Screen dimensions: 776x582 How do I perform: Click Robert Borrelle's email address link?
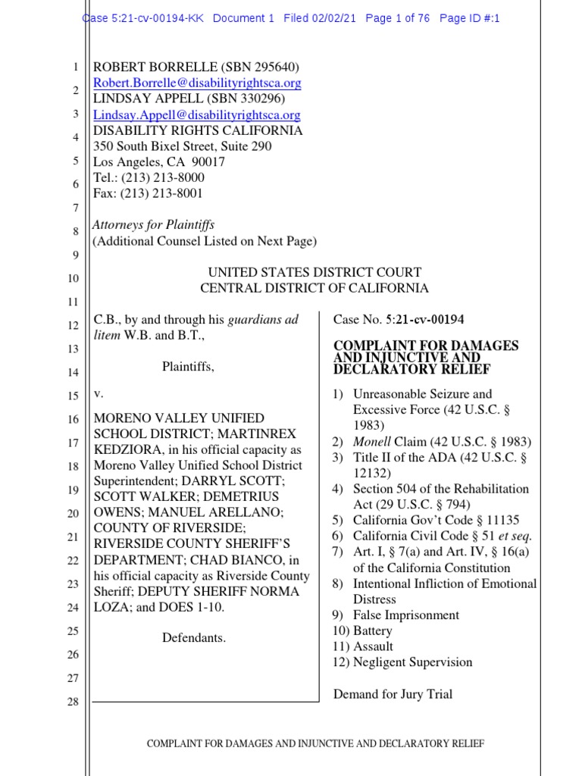click(197, 83)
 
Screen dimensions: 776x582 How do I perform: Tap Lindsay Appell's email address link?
click(197, 115)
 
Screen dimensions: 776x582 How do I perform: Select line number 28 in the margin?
click(74, 702)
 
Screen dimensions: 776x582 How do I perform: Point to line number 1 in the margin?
click(76, 67)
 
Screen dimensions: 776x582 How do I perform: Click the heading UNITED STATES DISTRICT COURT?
click(314, 272)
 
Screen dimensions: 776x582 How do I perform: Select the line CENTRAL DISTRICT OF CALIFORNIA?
click(314, 288)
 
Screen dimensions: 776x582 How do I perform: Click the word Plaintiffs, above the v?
click(188, 367)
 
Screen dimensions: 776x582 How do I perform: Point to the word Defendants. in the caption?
click(194, 637)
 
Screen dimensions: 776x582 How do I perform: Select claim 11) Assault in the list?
click(362, 646)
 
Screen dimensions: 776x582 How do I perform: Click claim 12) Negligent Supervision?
click(402, 662)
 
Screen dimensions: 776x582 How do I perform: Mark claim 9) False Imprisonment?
click(395, 615)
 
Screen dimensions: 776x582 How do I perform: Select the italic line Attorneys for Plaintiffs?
click(153, 225)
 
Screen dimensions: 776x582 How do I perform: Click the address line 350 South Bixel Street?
click(182, 146)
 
